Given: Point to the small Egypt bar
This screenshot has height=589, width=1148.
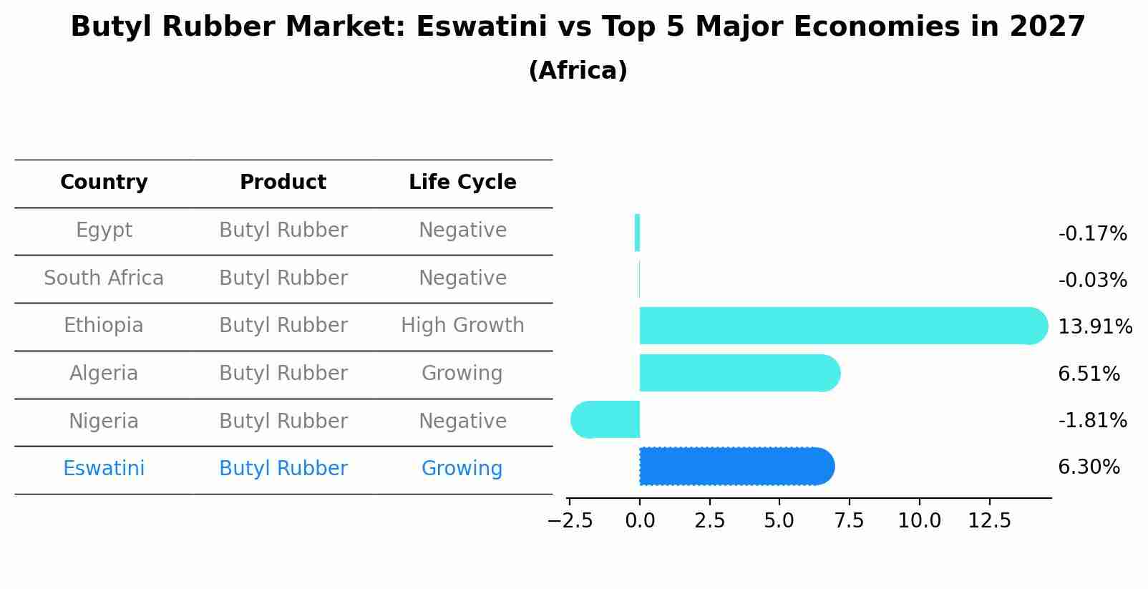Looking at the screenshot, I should tap(637, 233).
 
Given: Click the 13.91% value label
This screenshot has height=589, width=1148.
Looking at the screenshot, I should tap(1094, 327).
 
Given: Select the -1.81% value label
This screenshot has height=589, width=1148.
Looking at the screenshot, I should tap(1092, 420).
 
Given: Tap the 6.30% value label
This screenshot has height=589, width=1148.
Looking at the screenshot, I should tap(1089, 467).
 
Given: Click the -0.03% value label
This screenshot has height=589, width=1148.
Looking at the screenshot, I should tap(1092, 281).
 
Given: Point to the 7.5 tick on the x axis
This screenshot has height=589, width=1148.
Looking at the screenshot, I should tap(850, 520).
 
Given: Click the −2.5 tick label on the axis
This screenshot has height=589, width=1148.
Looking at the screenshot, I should tap(570, 520).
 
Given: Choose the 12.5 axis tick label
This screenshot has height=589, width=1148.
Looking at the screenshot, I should tap(989, 520).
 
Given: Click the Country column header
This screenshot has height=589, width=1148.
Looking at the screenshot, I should tap(104, 182).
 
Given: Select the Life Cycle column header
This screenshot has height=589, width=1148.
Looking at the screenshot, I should tap(462, 182).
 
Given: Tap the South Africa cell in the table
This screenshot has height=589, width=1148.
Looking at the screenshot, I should tap(104, 278).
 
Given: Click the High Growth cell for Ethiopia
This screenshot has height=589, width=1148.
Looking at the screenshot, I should tap(462, 326).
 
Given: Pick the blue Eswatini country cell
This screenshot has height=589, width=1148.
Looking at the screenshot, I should tap(104, 469).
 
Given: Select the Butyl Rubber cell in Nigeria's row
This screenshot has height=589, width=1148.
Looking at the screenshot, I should tap(283, 422).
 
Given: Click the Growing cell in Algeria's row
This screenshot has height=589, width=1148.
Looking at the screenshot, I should tap(462, 374).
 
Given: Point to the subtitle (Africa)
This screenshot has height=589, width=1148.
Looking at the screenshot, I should tap(578, 71).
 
